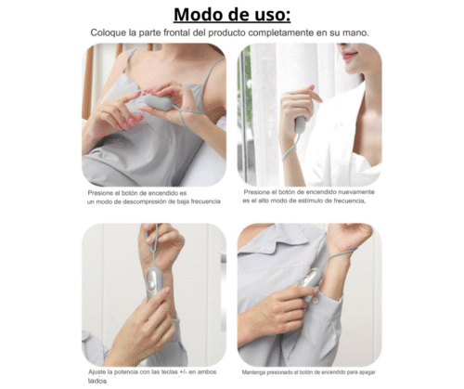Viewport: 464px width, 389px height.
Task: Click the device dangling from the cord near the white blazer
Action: [x=301, y=124]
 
